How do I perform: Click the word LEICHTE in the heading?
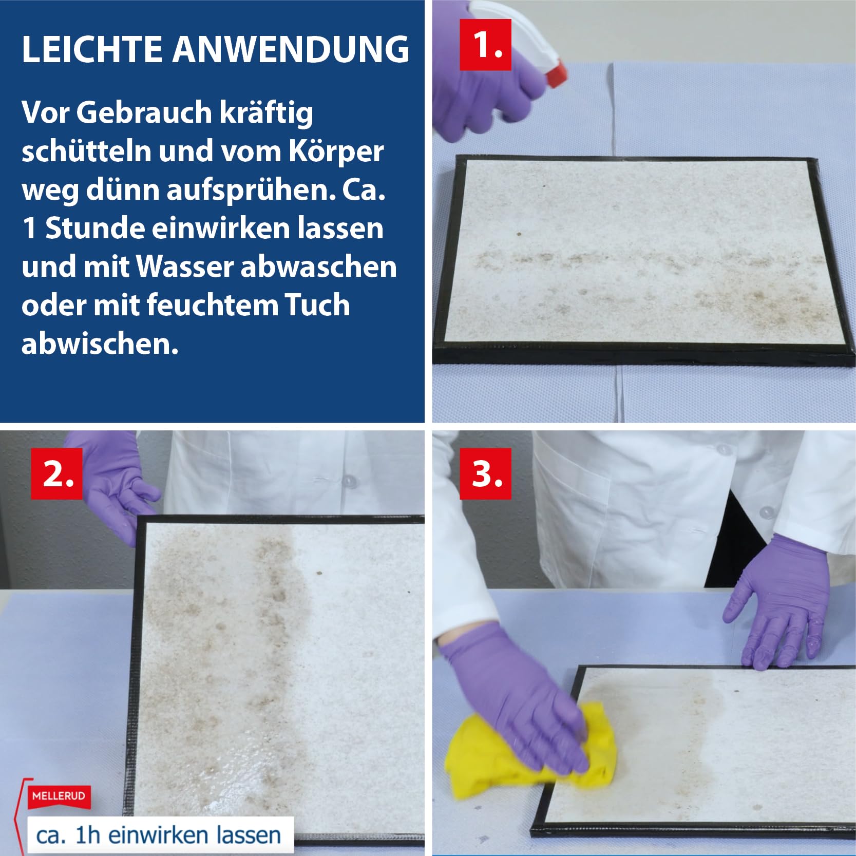point(92,49)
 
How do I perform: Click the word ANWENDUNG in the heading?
point(291,49)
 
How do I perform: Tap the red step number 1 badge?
point(485,45)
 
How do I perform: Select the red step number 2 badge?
point(56,473)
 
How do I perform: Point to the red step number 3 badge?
point(485,473)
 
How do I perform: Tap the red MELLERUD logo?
point(59,796)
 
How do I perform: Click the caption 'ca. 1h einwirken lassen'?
point(159,835)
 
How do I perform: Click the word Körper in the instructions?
point(336,151)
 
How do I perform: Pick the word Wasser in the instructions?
point(185,267)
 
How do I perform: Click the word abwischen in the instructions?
point(100,344)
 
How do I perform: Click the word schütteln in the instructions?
point(86,151)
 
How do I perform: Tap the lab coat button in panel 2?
point(351,482)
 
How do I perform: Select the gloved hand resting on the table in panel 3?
point(775,603)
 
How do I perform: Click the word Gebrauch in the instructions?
point(144,113)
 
